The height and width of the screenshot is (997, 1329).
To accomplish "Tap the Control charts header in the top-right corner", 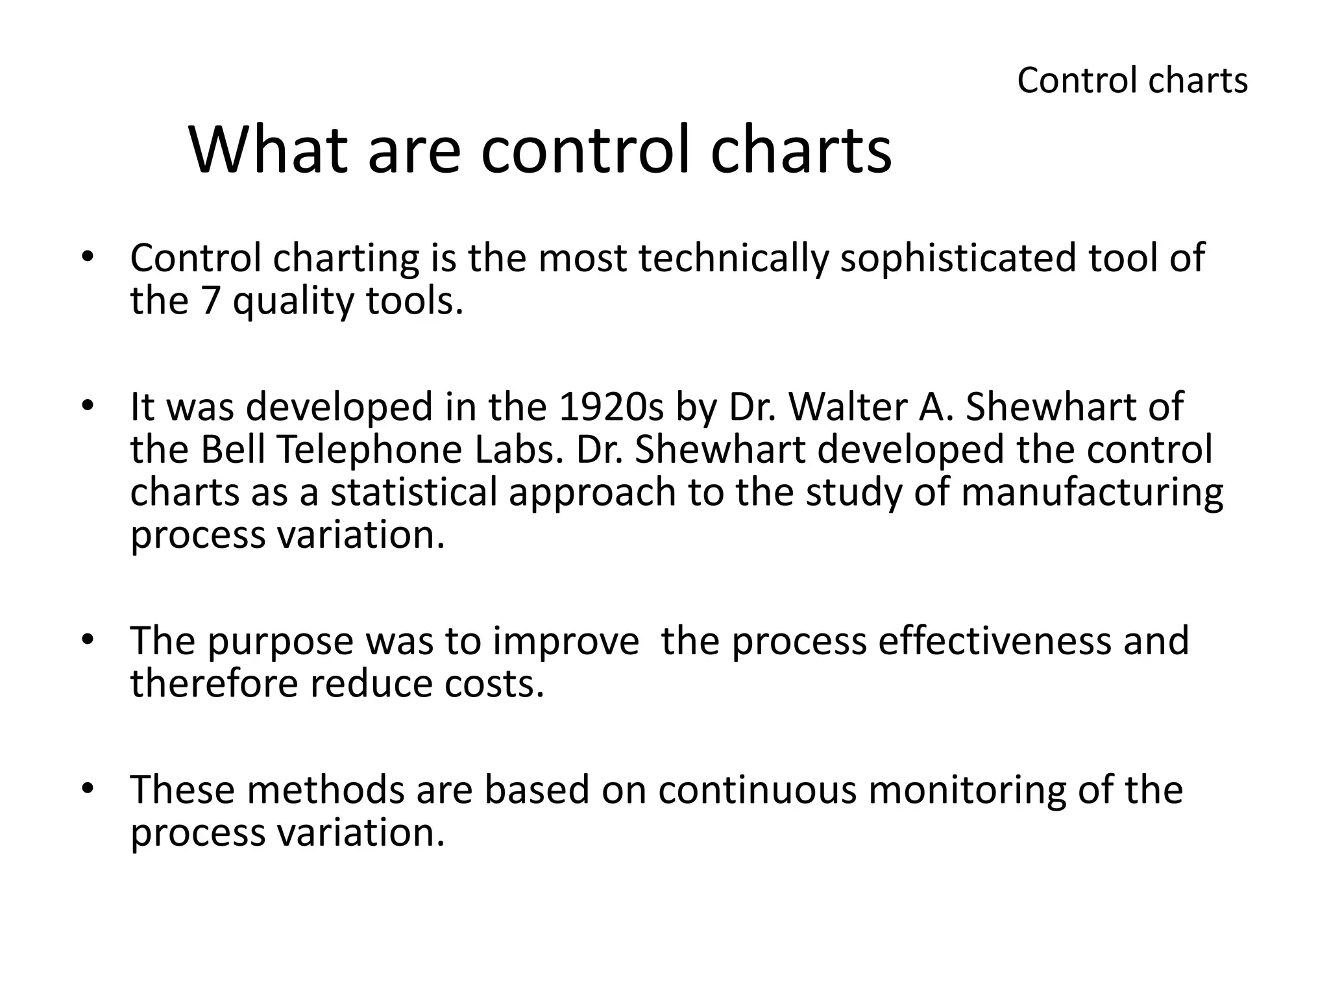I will point(1132,81).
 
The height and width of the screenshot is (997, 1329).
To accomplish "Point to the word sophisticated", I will point(957,258).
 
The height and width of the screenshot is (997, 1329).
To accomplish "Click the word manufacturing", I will point(1091,493).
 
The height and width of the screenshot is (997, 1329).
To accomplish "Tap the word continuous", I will point(757,790).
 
